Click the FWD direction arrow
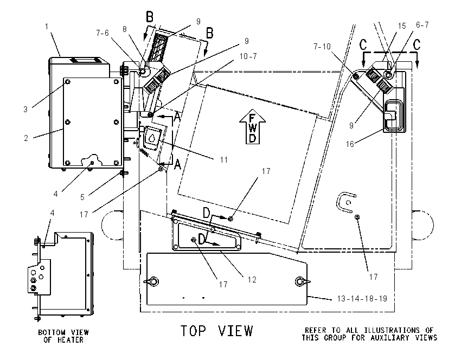[253, 127]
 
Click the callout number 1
[47, 27]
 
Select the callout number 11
[224, 160]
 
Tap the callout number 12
[252, 279]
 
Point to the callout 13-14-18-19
[362, 299]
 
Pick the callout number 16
[350, 144]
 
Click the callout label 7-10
[322, 47]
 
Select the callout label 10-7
[248, 56]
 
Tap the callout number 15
[402, 26]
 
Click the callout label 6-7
[422, 25]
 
